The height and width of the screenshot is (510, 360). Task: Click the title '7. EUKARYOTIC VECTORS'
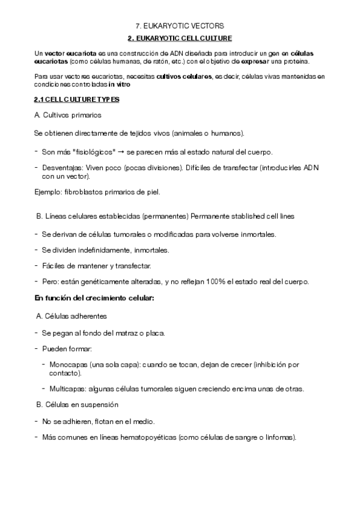tap(180, 26)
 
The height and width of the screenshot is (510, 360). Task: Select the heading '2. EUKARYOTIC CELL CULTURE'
tap(180, 38)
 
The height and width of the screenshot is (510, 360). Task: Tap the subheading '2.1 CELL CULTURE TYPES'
tap(77, 99)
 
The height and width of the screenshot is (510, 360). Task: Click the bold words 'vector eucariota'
tap(66, 54)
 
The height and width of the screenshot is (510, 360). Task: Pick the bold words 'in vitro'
tap(118, 84)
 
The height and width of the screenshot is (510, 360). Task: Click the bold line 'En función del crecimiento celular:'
tap(94, 298)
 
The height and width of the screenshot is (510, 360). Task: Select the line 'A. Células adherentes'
tap(72, 316)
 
